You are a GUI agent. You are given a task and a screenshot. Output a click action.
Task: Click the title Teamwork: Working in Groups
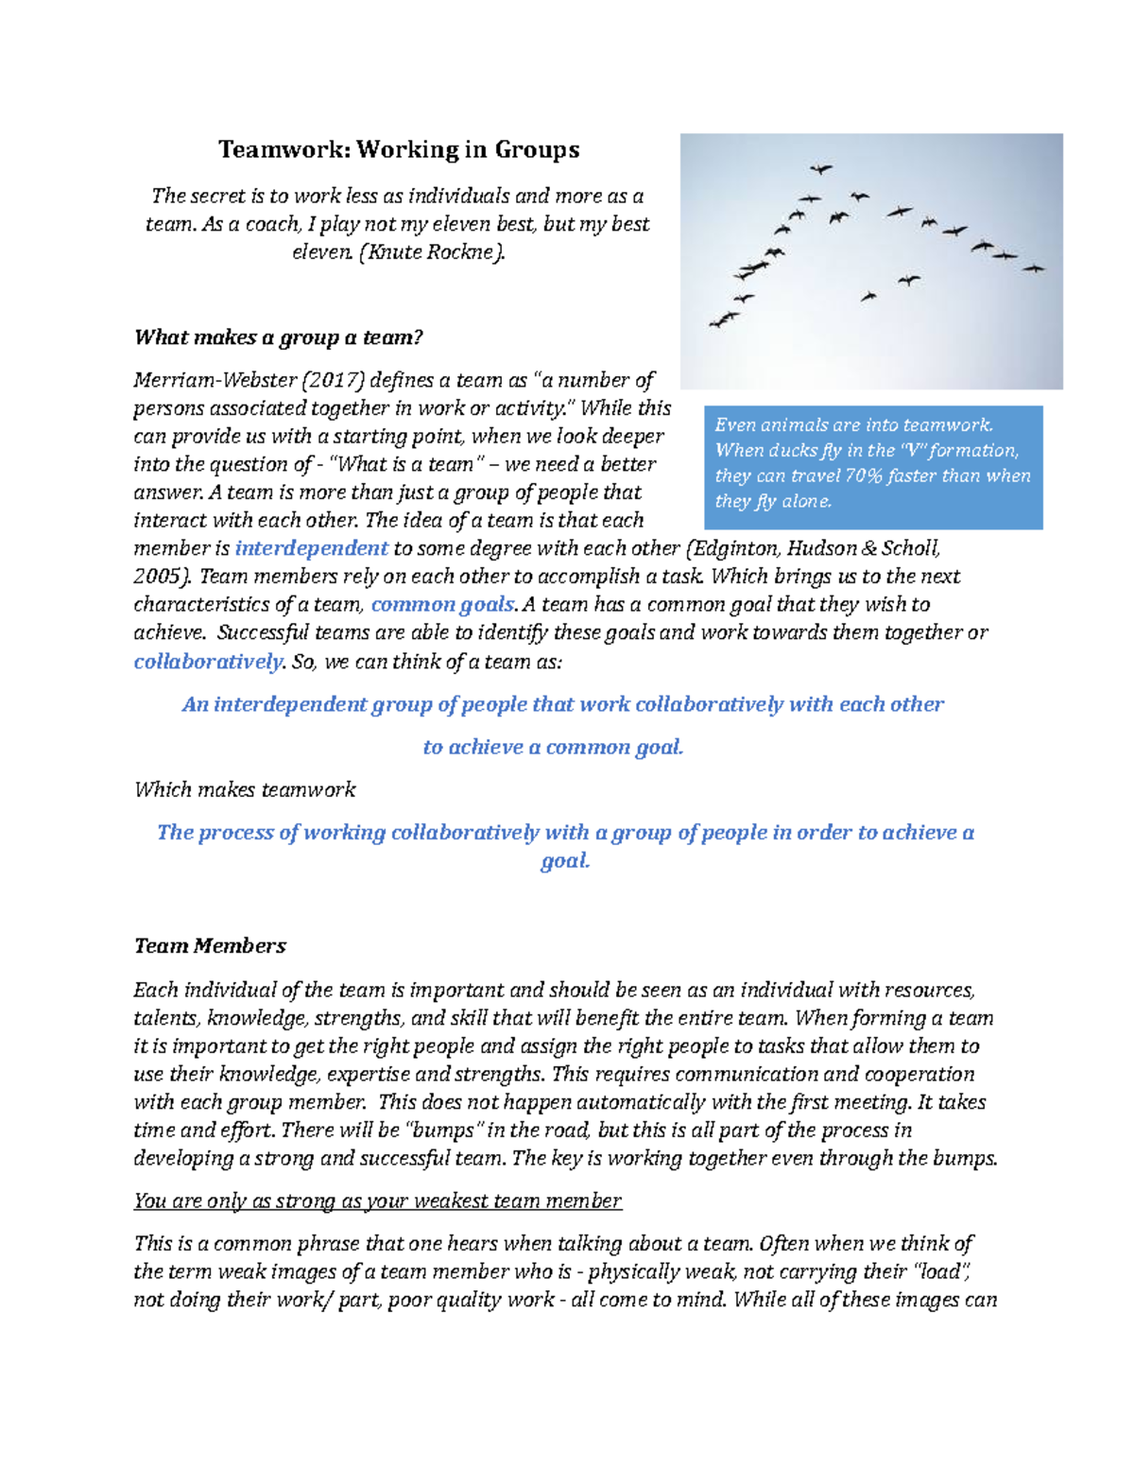pyautogui.click(x=399, y=149)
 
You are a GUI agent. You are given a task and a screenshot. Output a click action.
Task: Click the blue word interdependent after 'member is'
pyautogui.click(x=311, y=548)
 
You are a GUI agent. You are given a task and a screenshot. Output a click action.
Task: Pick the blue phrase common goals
pyautogui.click(x=443, y=605)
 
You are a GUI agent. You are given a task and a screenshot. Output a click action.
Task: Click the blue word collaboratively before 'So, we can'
pyautogui.click(x=208, y=662)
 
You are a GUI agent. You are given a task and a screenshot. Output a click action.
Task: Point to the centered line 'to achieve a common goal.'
pyautogui.click(x=553, y=748)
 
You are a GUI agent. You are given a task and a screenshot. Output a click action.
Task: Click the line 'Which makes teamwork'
pyautogui.click(x=245, y=790)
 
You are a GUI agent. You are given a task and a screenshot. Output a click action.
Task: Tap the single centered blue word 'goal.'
pyautogui.click(x=565, y=861)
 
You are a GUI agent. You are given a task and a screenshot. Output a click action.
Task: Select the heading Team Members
pyautogui.click(x=210, y=946)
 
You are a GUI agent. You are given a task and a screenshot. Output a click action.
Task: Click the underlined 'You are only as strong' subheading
pyautogui.click(x=377, y=1201)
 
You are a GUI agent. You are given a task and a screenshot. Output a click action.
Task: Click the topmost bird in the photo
pyautogui.click(x=820, y=169)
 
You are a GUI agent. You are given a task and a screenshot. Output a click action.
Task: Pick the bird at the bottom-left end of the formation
pyautogui.click(x=724, y=320)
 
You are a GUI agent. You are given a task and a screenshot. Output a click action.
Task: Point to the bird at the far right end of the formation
pyautogui.click(x=1034, y=268)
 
